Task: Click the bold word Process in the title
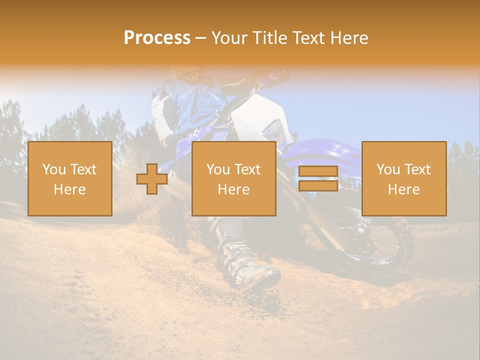(157, 38)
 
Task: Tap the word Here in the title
(348, 38)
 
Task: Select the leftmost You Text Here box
(69, 178)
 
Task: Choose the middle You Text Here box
(233, 178)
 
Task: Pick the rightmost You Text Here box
(403, 178)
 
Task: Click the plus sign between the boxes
(152, 179)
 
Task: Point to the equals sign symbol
(318, 178)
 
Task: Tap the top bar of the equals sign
(318, 171)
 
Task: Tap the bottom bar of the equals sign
(318, 185)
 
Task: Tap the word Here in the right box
(403, 189)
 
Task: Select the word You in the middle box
(218, 169)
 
